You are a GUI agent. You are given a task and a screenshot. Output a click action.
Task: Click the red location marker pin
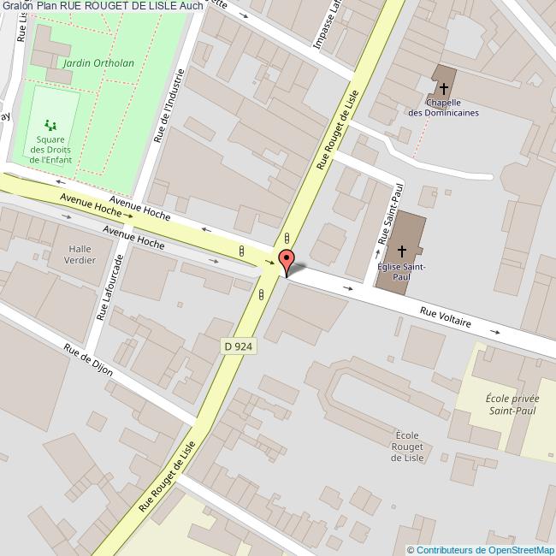pos(287,260)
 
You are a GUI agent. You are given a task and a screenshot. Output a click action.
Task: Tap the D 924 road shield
pos(239,346)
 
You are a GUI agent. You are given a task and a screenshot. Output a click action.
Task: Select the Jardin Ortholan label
pos(87,62)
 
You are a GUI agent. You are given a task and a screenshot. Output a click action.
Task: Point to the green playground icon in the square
pos(50,124)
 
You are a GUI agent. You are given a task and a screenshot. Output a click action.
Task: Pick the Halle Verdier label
pos(80,254)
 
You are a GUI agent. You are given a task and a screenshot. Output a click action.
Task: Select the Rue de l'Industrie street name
pos(168,106)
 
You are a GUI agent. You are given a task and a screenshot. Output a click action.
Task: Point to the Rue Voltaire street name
pos(446,318)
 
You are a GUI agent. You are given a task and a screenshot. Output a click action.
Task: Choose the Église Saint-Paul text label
pos(401,271)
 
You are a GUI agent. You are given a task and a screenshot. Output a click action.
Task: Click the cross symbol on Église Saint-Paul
pos(402,252)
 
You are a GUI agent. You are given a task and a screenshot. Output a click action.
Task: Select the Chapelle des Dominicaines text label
pos(443,108)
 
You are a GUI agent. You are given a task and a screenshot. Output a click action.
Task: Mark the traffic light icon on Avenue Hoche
pos(242,251)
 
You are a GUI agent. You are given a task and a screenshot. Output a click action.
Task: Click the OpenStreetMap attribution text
pos(481,549)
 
